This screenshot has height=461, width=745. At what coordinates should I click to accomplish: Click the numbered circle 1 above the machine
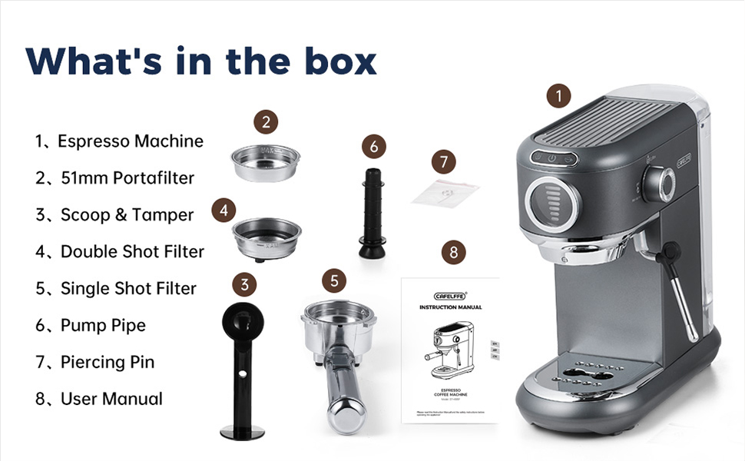pyautogui.click(x=559, y=96)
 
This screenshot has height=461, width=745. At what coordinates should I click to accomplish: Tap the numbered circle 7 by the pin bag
pyautogui.click(x=443, y=162)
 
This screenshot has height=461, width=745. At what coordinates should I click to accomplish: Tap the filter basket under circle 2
pyautogui.click(x=265, y=162)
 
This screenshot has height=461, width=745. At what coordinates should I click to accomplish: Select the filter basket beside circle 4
pyautogui.click(x=267, y=235)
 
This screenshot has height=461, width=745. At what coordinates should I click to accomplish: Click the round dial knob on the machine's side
pyautogui.click(x=659, y=183)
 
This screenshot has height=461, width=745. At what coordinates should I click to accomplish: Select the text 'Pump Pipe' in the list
pyautogui.click(x=103, y=325)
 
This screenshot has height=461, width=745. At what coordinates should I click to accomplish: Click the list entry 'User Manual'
pyautogui.click(x=111, y=399)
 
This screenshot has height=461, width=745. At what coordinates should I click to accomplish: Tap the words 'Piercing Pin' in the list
pyautogui.click(x=108, y=362)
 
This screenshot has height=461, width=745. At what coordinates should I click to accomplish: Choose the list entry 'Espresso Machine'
pyautogui.click(x=131, y=141)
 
